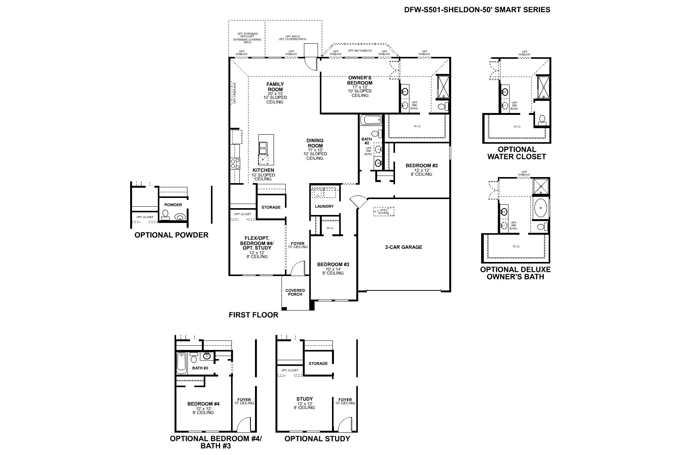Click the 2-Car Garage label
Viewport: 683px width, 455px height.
point(404,247)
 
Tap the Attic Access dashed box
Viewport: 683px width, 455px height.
point(384,212)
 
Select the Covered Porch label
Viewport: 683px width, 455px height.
point(295,292)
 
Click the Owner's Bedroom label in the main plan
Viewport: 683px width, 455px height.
point(360,80)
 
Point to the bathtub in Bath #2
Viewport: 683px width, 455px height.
point(371,121)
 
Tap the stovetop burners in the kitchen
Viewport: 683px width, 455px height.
point(235,164)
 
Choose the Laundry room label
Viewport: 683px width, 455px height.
point(324,206)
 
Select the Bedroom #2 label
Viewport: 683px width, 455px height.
point(422,166)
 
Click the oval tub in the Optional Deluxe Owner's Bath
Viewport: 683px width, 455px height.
point(540,208)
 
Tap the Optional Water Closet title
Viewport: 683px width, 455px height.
point(516,153)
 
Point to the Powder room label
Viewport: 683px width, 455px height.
point(173,205)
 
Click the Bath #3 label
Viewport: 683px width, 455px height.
point(200,368)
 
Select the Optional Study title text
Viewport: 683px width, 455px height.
point(317,439)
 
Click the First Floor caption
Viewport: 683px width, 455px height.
point(253,315)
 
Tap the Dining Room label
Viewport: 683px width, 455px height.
point(315,143)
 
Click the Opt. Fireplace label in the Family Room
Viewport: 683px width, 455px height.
point(234,93)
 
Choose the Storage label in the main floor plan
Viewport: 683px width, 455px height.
point(271,207)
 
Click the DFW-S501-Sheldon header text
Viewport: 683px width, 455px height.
point(477,10)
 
